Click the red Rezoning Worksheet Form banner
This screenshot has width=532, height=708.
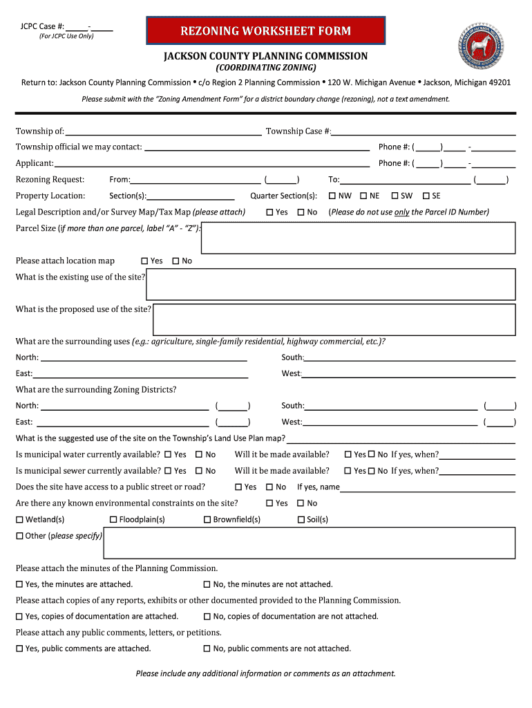point(265,31)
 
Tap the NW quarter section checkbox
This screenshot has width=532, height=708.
point(333,196)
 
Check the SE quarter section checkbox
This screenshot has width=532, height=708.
point(426,196)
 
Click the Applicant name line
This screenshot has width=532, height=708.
point(211,163)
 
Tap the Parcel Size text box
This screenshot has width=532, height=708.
point(358,238)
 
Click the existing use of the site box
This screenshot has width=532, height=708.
point(331,284)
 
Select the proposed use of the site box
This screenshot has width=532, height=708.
point(334,319)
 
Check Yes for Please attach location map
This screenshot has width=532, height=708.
point(144,261)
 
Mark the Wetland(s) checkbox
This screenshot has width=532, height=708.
point(20,519)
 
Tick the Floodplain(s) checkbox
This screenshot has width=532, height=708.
point(114,519)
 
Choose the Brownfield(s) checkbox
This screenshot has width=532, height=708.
point(207,519)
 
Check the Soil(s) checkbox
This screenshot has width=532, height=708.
point(301,519)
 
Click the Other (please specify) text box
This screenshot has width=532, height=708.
point(309,543)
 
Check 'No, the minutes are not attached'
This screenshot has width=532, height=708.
point(207,584)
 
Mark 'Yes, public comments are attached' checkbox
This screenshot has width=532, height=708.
point(20,649)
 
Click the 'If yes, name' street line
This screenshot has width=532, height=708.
point(428,487)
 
